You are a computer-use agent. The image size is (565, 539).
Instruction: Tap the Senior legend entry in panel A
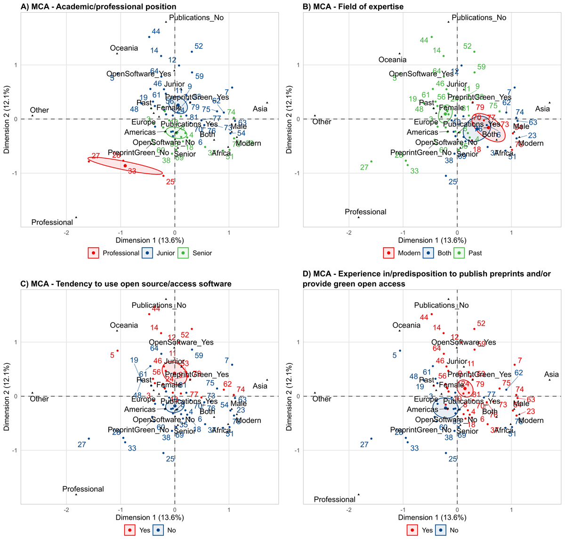pos(197,253)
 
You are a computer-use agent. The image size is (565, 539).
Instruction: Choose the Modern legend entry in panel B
pos(403,253)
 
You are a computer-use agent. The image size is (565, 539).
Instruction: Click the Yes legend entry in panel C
pos(138,530)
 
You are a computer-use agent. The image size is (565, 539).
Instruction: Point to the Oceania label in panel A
pos(124,48)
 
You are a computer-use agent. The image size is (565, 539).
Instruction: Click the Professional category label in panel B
pos(365,212)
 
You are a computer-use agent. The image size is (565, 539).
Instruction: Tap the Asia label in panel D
pos(551,375)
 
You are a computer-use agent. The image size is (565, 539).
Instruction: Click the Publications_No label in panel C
pos(159,305)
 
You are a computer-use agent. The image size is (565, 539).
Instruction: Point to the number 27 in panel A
pos(96,156)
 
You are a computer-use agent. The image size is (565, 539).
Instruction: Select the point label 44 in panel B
pos(424,40)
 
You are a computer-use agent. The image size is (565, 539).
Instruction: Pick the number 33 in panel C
pos(132,448)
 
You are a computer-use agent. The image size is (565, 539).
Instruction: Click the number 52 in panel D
pos(481,323)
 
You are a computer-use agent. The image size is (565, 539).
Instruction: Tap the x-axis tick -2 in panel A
pos(66,233)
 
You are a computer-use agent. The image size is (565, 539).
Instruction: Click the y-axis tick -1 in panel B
pos(297,173)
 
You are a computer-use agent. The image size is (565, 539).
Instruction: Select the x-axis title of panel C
pos(150,517)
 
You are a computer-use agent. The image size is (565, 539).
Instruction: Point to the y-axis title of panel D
pos(289,396)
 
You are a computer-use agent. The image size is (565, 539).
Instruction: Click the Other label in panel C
pos(39,399)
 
